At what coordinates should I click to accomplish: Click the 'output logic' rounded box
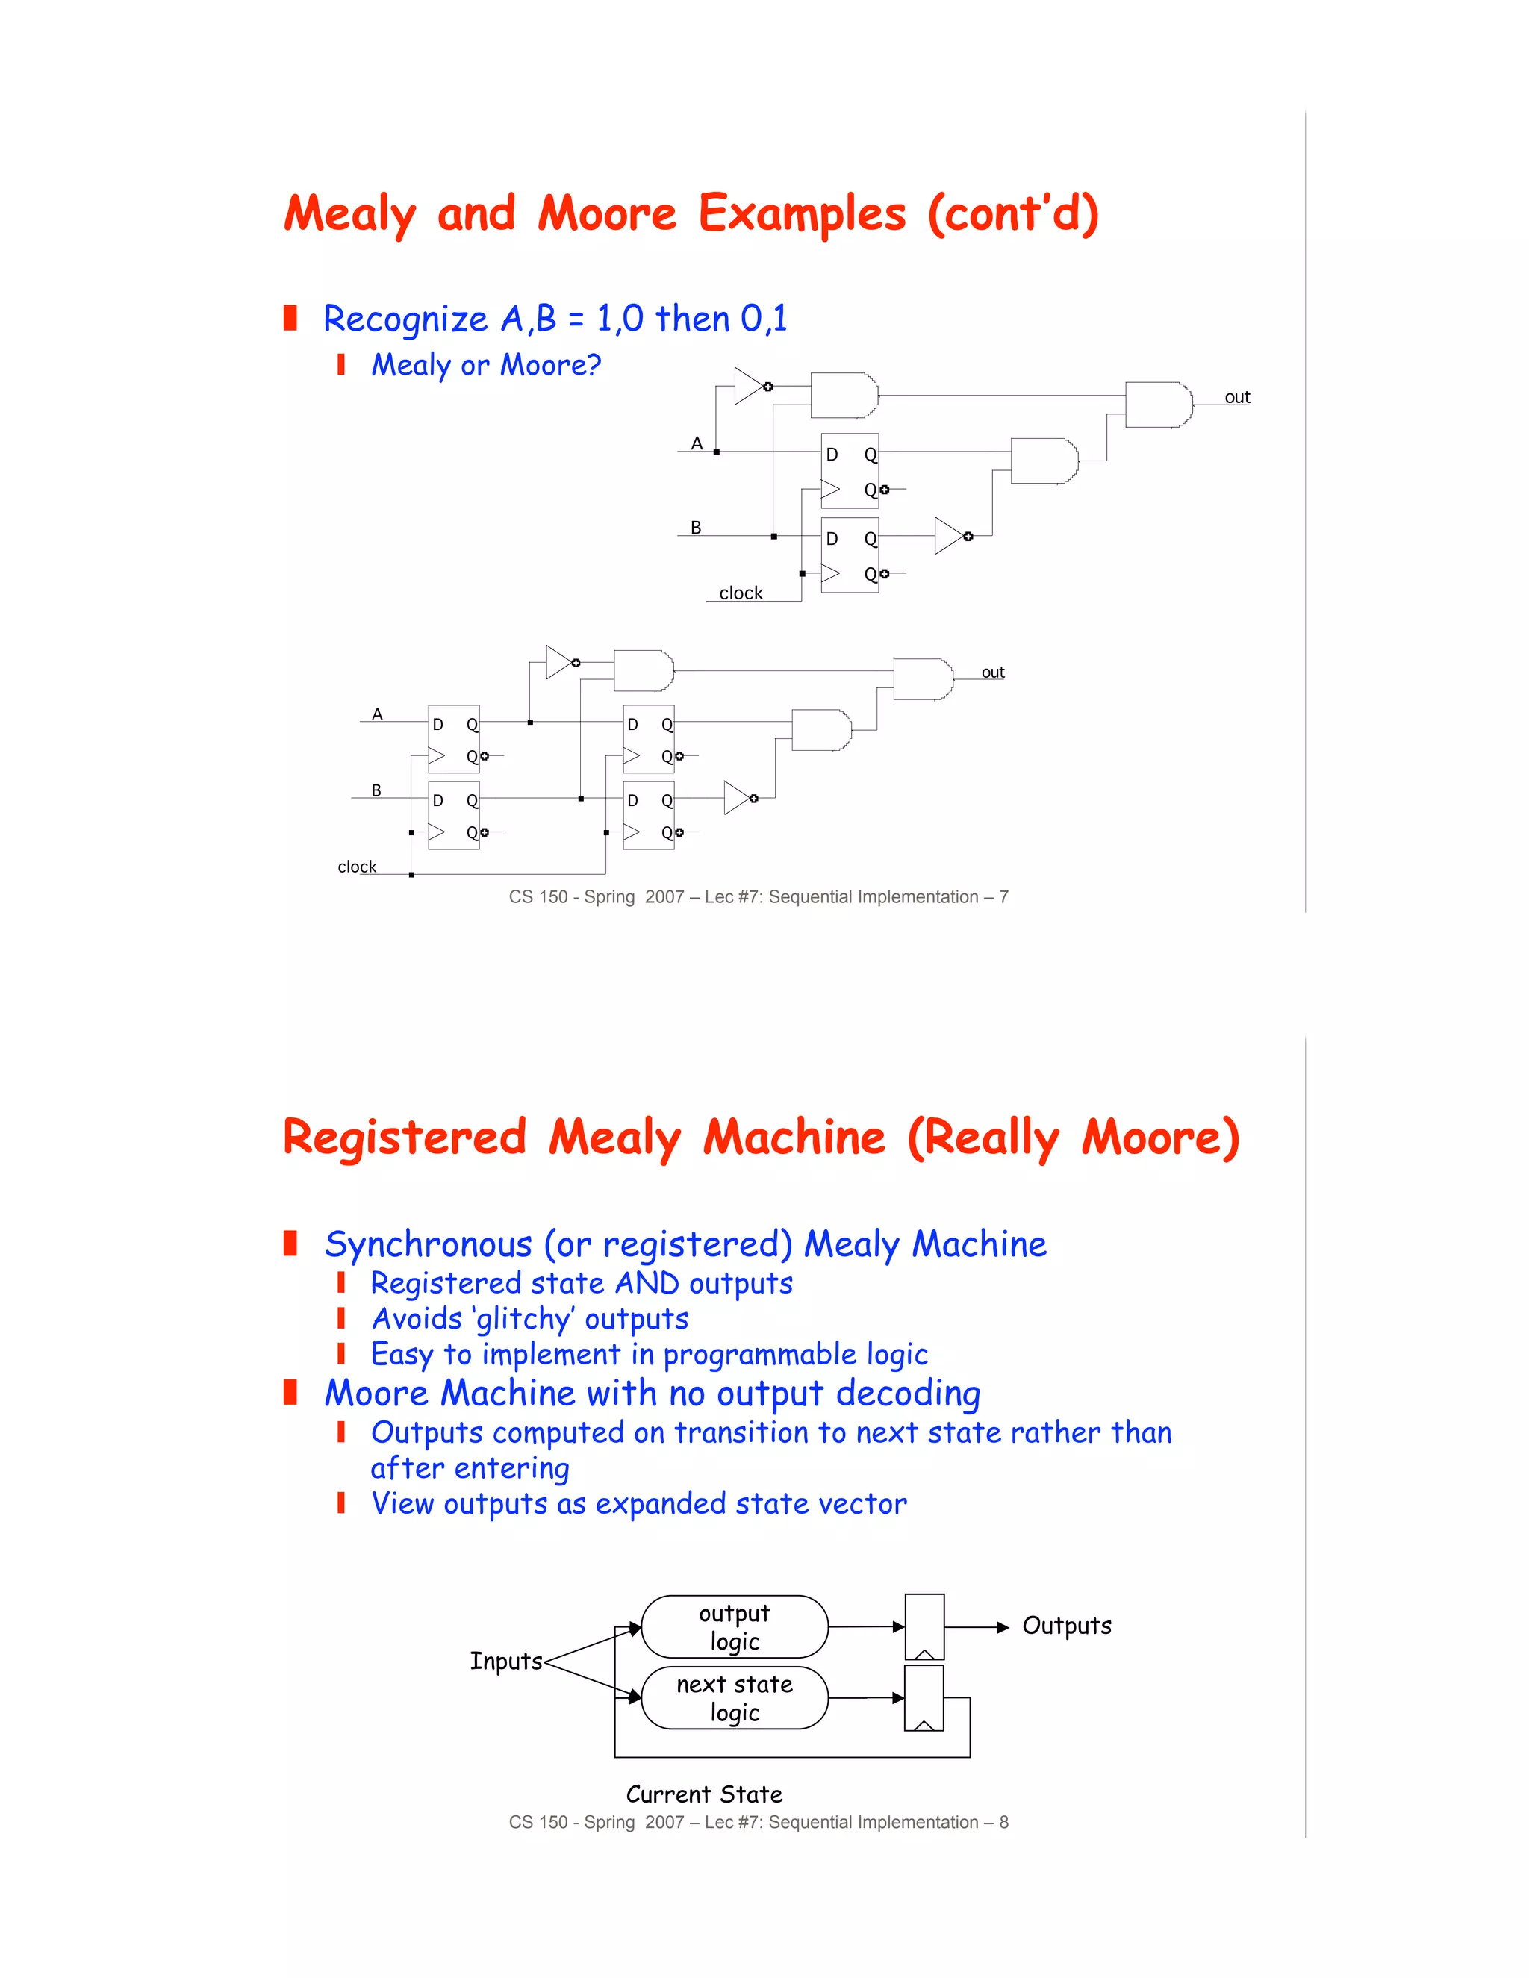734,1626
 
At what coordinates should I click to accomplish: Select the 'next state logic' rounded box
734,1698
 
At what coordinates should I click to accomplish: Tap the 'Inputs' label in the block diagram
505,1661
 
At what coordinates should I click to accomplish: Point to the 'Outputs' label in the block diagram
1066,1626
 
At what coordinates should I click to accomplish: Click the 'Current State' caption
704,1794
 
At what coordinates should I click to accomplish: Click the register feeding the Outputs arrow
924,1626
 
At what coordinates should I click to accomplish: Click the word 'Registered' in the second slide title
404,1138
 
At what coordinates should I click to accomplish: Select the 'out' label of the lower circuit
993,672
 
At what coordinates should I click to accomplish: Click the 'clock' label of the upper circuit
740,593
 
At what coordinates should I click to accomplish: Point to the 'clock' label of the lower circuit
357,867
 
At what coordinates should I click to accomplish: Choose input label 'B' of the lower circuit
376,790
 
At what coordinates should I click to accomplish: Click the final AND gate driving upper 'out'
1158,405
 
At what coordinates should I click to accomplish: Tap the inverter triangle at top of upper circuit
749,386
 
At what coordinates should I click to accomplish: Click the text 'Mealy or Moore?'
485,365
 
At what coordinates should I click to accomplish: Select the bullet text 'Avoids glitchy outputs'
530,1319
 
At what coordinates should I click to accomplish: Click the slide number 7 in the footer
1003,896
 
